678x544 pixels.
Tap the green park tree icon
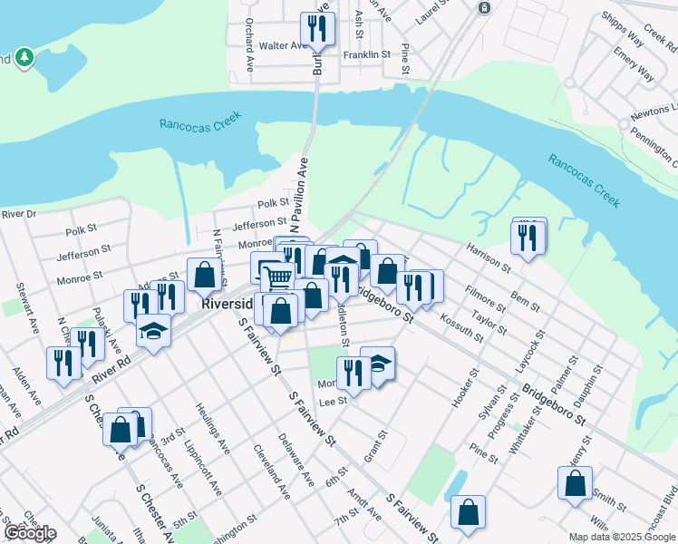[24, 58]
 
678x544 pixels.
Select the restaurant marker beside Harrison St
[528, 237]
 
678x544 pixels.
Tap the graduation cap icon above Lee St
[377, 364]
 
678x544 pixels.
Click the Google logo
[29, 533]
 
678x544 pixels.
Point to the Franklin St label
[366, 54]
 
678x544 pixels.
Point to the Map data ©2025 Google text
[621, 537]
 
